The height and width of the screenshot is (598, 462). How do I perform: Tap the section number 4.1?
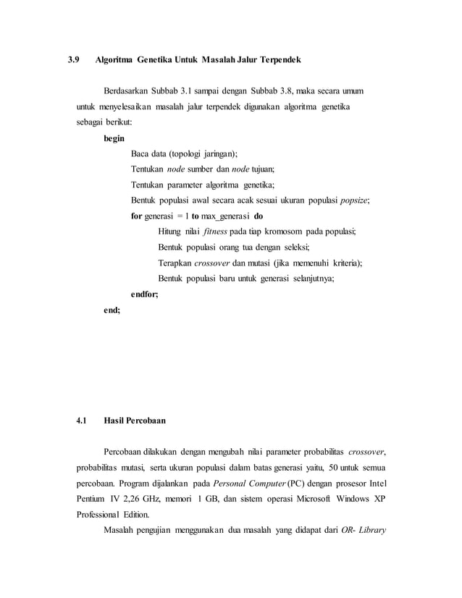82,420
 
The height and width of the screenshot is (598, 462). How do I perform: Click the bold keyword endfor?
145,294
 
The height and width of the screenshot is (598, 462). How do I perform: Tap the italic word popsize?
354,200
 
